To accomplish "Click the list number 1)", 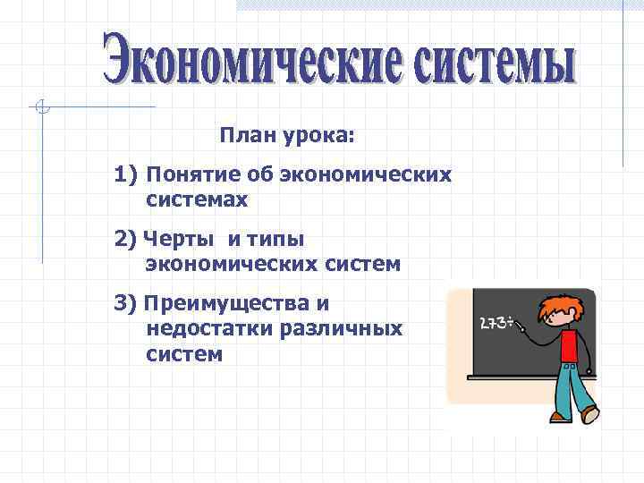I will point(125,173).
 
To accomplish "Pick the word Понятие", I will point(187,174).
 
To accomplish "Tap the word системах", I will point(196,200).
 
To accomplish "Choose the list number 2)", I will point(125,239).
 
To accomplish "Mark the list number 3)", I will point(125,302).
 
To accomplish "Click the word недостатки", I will point(208,328).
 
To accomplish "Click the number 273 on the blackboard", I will point(493,324).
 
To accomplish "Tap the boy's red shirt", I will point(569,344).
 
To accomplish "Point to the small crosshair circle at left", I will point(41,108).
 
